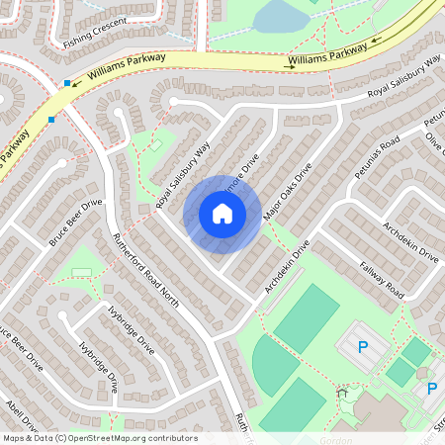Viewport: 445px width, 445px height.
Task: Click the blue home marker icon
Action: tap(222, 214)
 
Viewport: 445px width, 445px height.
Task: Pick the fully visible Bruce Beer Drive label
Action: tap(74, 223)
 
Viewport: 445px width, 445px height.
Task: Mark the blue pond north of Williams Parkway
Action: tap(280, 17)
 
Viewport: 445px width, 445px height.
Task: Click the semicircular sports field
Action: tap(270, 363)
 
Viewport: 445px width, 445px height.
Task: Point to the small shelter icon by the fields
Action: tap(342, 393)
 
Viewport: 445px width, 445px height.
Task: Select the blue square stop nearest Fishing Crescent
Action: tap(67, 84)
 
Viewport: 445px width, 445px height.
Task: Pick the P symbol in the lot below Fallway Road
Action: tap(363, 347)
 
